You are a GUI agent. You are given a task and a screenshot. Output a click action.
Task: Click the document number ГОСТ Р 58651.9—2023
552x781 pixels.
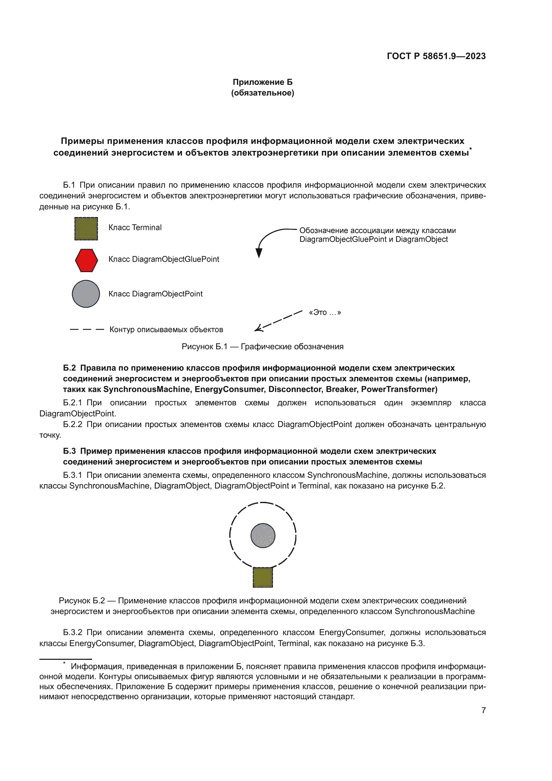tap(436, 56)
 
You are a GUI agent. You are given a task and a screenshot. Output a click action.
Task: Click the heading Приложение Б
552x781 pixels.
tap(262, 82)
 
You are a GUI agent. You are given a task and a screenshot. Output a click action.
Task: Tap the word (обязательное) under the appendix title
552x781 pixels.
tap(262, 93)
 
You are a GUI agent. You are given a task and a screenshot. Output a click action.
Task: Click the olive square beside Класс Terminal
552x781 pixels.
tap(86, 229)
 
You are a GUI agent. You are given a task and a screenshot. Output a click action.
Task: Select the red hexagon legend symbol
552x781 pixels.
tap(86, 260)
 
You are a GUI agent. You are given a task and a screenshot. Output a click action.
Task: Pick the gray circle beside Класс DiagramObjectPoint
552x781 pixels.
tap(86, 294)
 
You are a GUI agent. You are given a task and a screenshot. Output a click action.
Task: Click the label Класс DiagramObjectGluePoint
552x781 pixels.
tap(164, 259)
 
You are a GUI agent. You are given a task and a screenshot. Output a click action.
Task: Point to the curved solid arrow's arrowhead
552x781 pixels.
tap(259, 253)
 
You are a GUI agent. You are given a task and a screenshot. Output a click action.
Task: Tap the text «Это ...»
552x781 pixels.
tap(325, 312)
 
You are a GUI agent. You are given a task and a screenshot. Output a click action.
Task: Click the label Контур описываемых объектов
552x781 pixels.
tap(166, 330)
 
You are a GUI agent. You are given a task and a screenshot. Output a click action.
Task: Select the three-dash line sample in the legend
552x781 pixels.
tap(87, 329)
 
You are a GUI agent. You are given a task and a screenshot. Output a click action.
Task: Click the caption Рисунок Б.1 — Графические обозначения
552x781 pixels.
tap(262, 347)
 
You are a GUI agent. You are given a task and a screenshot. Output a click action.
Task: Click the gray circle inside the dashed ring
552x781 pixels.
tap(263, 535)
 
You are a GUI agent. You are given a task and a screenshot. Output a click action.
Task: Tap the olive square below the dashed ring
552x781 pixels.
tap(263, 577)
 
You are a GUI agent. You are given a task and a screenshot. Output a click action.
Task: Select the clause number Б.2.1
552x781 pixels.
tap(72, 403)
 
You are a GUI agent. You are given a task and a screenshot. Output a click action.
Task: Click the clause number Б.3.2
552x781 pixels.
tap(72, 632)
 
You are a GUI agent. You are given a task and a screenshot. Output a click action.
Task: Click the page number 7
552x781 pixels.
tap(483, 710)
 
